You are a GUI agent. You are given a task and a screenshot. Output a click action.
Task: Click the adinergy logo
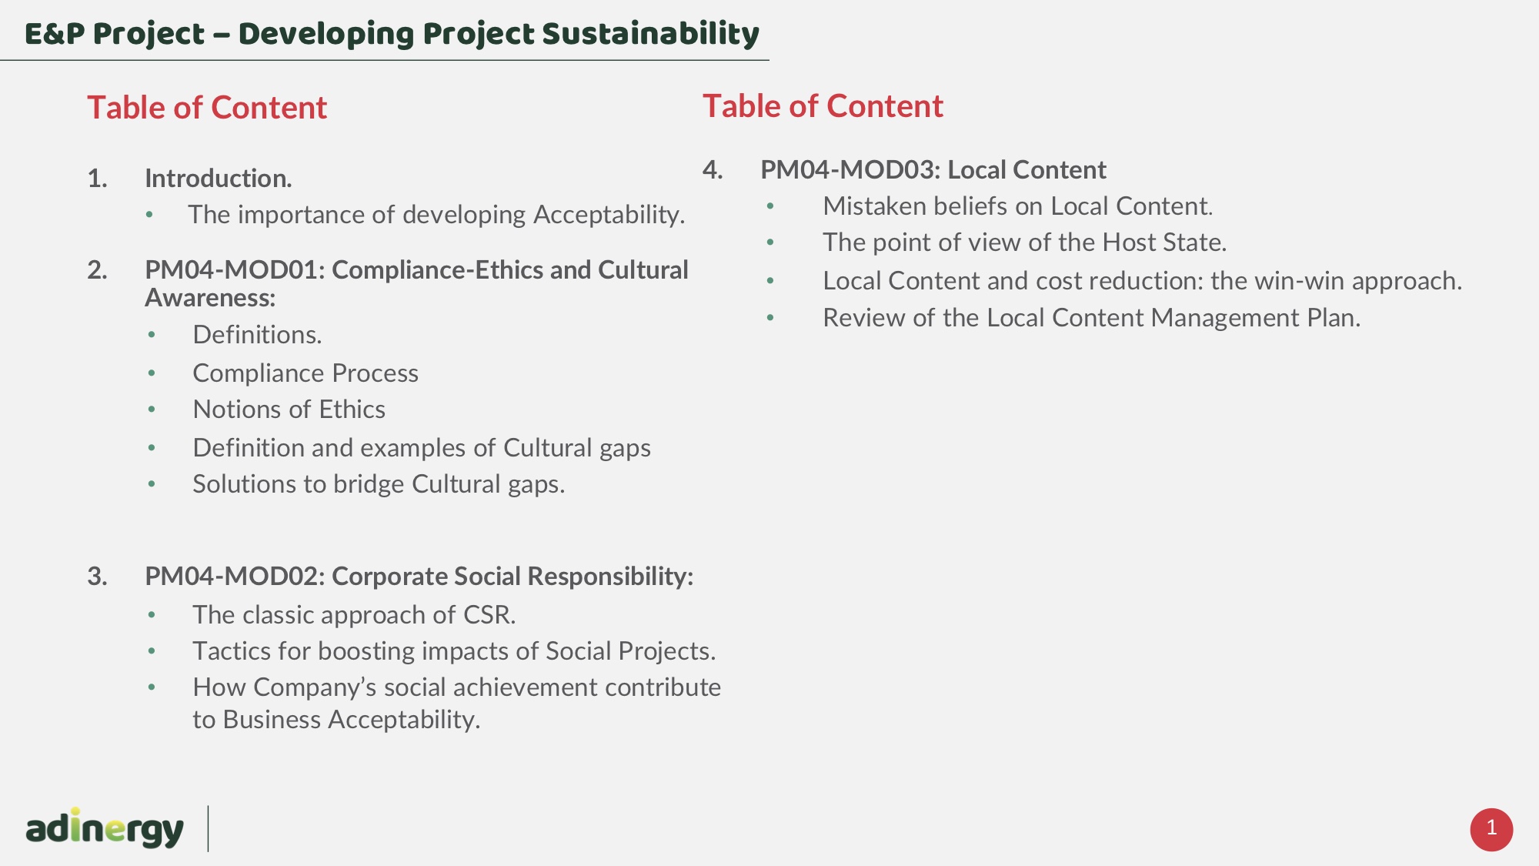coord(105,828)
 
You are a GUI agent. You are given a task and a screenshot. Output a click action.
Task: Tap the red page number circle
coord(1491,829)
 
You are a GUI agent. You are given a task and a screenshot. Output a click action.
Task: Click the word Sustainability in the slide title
coord(650,34)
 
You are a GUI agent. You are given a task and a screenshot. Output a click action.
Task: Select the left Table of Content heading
coord(207,107)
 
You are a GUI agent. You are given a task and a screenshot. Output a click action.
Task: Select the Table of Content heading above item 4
coord(823,105)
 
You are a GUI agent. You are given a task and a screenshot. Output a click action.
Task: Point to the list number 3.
coord(97,577)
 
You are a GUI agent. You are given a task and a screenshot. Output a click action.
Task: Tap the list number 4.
coord(713,169)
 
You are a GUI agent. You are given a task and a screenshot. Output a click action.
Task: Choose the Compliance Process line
coord(305,373)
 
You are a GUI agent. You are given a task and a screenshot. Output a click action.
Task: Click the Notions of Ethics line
coord(289,410)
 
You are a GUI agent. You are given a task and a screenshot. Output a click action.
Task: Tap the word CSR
coord(489,614)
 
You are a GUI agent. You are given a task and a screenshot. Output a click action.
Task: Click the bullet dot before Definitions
coord(152,335)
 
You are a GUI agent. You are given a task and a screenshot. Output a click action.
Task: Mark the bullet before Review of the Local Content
coord(770,318)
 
